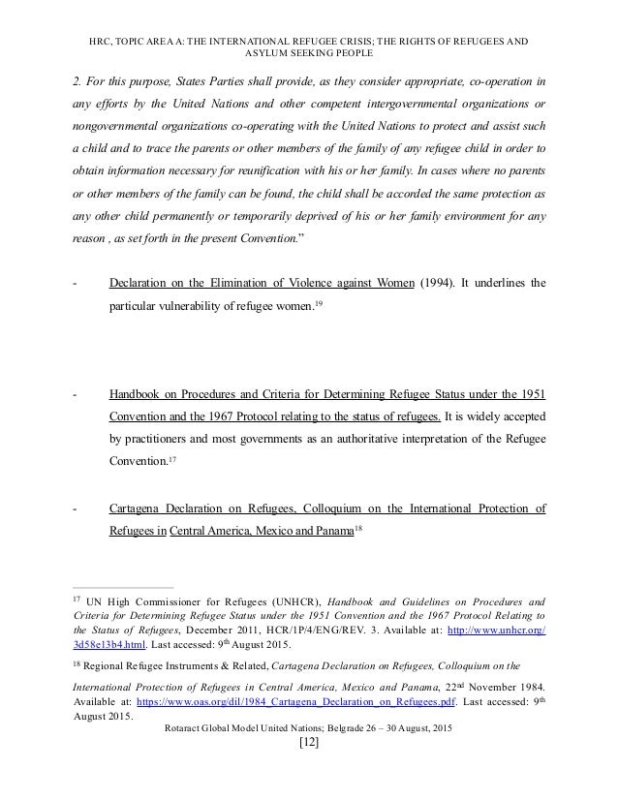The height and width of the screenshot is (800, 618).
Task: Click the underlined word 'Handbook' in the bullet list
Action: (x=136, y=395)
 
